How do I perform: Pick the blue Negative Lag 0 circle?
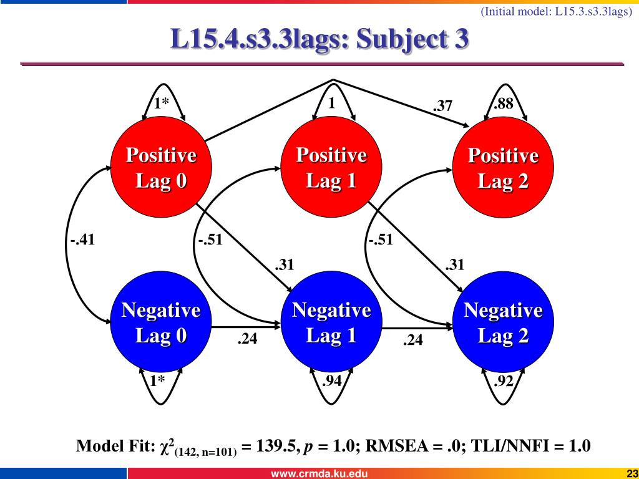click(x=161, y=323)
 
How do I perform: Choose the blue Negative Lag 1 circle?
click(x=331, y=323)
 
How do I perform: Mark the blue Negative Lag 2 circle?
click(x=503, y=323)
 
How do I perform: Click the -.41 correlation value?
click(x=82, y=239)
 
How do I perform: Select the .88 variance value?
click(x=503, y=104)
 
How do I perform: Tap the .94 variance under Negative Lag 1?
click(x=331, y=380)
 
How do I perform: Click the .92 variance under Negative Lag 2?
click(x=503, y=380)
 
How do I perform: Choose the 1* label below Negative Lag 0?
click(x=157, y=380)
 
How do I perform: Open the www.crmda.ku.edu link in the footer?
click(x=318, y=473)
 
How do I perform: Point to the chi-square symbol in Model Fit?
click(x=167, y=447)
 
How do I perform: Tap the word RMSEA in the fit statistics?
click(x=392, y=447)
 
